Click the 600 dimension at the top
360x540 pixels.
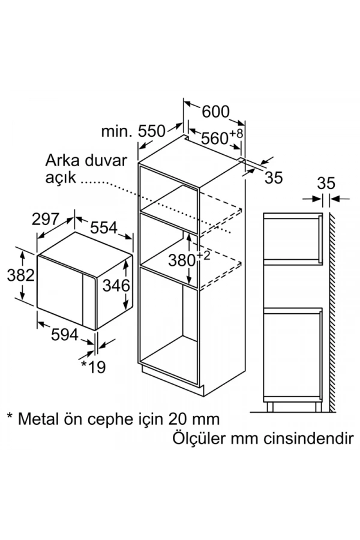point(215,112)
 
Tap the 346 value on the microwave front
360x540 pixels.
point(115,286)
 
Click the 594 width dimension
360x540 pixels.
point(62,335)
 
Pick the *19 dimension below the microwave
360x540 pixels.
point(92,367)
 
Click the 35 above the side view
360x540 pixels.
point(325,183)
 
